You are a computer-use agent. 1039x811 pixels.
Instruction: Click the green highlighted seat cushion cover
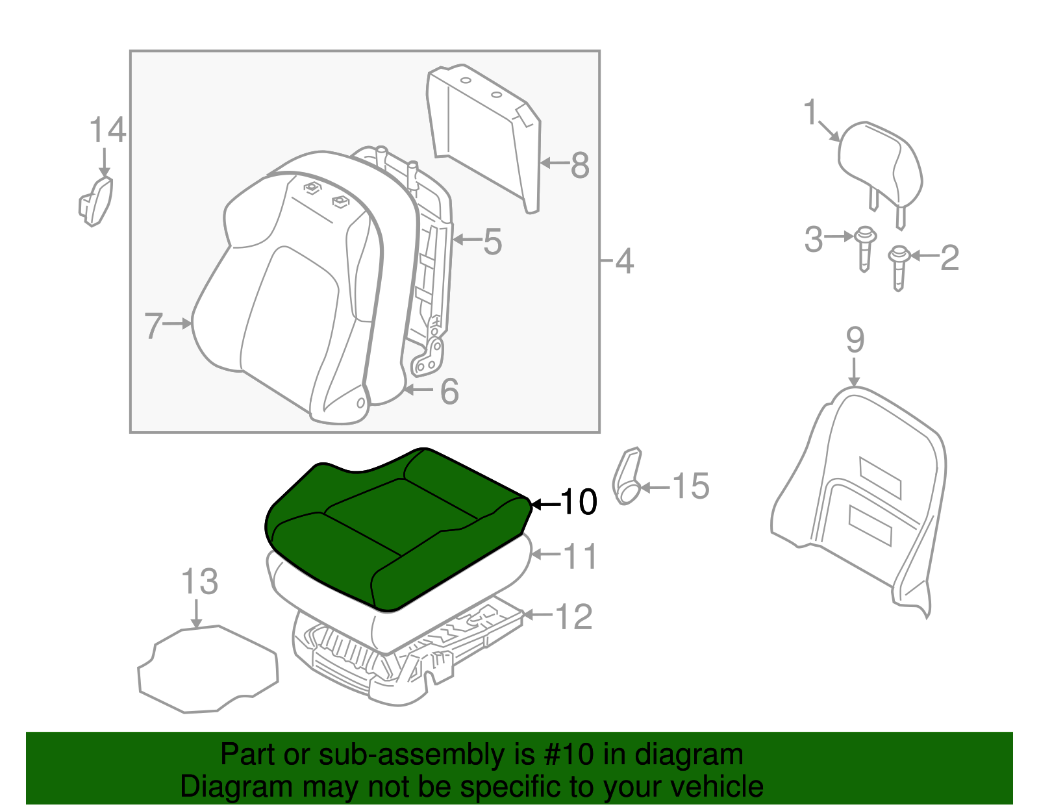[396, 526]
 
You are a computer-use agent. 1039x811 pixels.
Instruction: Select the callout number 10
[578, 502]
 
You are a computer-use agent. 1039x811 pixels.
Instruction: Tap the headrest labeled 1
[880, 162]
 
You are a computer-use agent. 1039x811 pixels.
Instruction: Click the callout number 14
[106, 131]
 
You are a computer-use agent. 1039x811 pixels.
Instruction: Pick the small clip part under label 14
[96, 201]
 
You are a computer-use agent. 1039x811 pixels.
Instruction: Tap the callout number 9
[855, 340]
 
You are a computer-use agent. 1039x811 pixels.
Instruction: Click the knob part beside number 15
[627, 477]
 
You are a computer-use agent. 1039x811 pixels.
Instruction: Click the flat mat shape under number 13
[208, 669]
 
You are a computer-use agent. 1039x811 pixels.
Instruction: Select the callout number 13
[199, 582]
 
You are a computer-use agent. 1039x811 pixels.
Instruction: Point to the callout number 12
[574, 616]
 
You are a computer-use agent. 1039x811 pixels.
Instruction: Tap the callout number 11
[579, 556]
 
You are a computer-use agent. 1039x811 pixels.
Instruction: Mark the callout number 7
[153, 325]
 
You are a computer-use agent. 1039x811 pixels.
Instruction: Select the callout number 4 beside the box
[623, 262]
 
